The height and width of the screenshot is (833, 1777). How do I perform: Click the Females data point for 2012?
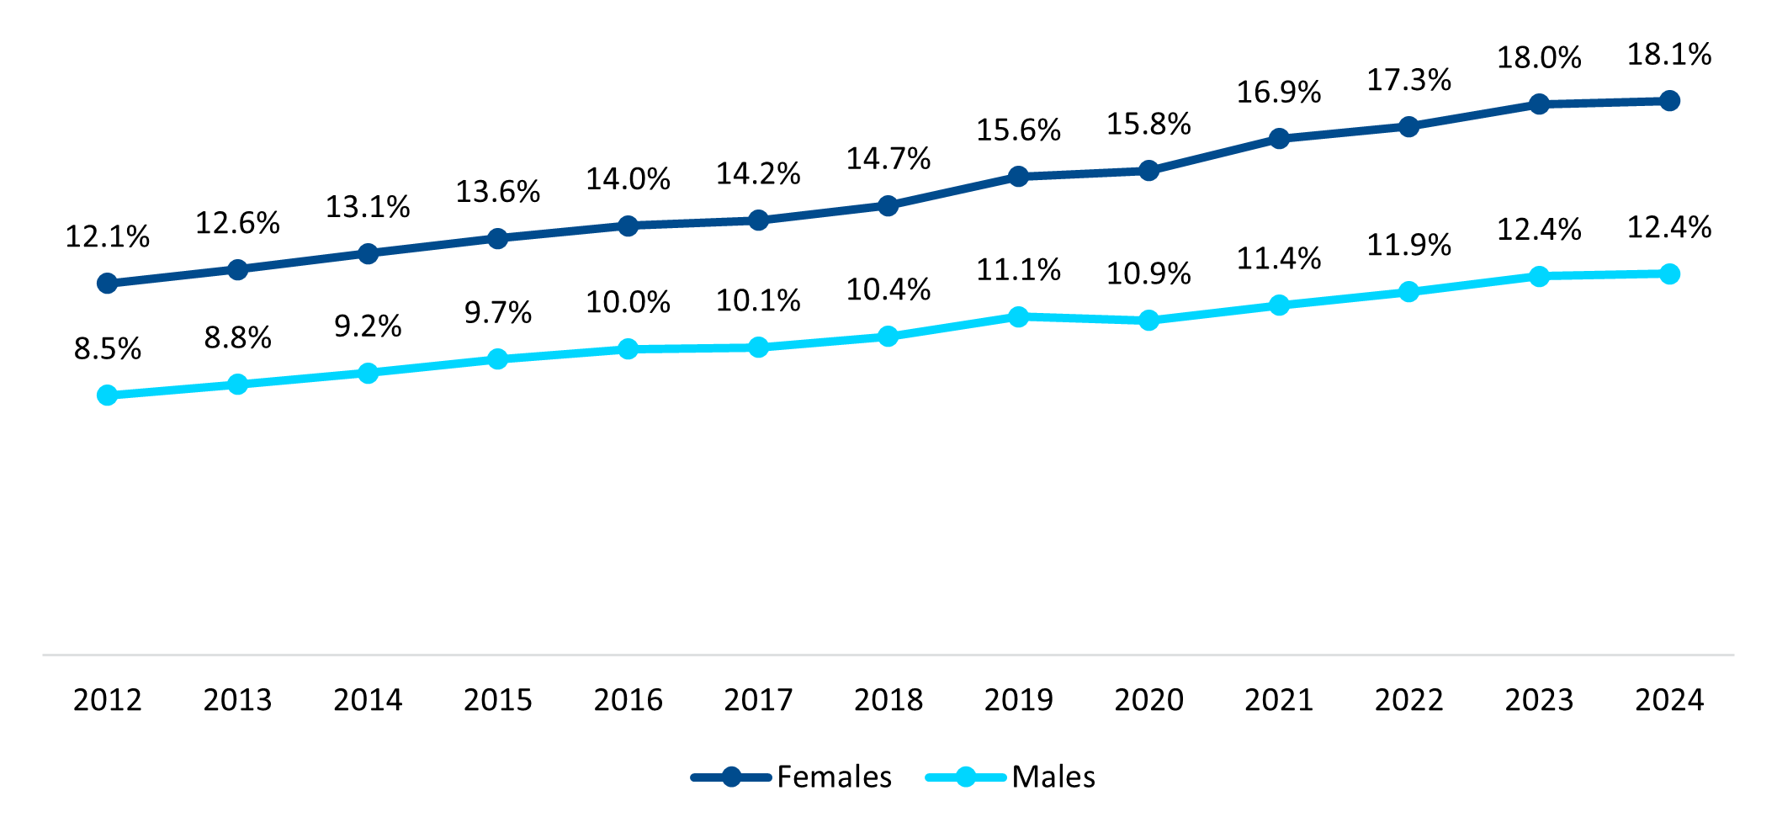[107, 284]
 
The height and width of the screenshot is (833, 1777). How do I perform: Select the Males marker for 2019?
[1018, 317]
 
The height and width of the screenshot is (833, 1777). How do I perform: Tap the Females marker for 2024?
[1669, 101]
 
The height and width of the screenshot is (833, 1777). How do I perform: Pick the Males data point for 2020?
[1148, 321]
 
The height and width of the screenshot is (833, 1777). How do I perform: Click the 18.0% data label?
[1539, 58]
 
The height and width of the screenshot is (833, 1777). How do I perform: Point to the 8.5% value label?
[107, 349]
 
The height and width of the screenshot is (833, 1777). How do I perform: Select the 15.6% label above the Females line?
[1018, 130]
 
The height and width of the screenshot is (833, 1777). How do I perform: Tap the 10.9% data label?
[1148, 274]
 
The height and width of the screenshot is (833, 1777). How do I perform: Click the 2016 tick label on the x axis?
[628, 700]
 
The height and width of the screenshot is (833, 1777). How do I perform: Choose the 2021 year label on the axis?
[1279, 700]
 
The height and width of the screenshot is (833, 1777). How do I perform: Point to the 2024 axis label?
[1669, 700]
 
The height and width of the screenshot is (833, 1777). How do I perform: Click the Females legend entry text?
[834, 777]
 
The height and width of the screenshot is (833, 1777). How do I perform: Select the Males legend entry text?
[1053, 777]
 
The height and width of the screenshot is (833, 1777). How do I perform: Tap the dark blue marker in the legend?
[731, 777]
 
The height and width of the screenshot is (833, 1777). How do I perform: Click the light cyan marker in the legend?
[966, 777]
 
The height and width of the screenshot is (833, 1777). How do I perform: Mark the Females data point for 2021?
[1279, 139]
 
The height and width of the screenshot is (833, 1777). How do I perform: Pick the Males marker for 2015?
[497, 359]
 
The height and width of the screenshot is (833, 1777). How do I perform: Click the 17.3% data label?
[1408, 81]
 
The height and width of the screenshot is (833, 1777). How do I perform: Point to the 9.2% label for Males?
[368, 326]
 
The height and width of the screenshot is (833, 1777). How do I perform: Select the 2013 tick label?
[237, 700]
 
